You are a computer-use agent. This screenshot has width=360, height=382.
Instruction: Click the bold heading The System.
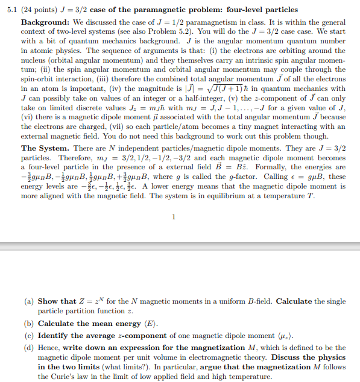coord(46,148)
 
